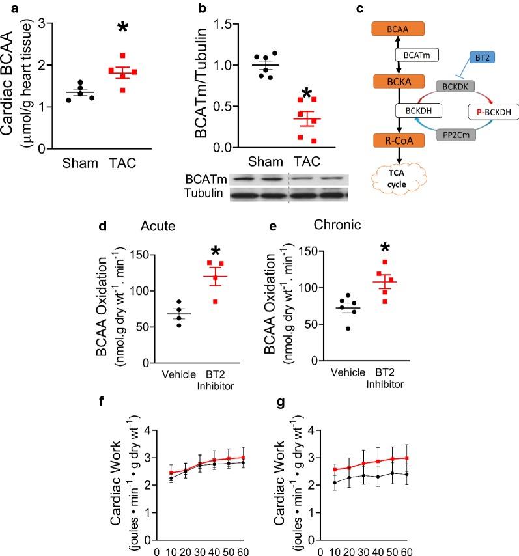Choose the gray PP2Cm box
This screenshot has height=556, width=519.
click(x=442, y=133)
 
